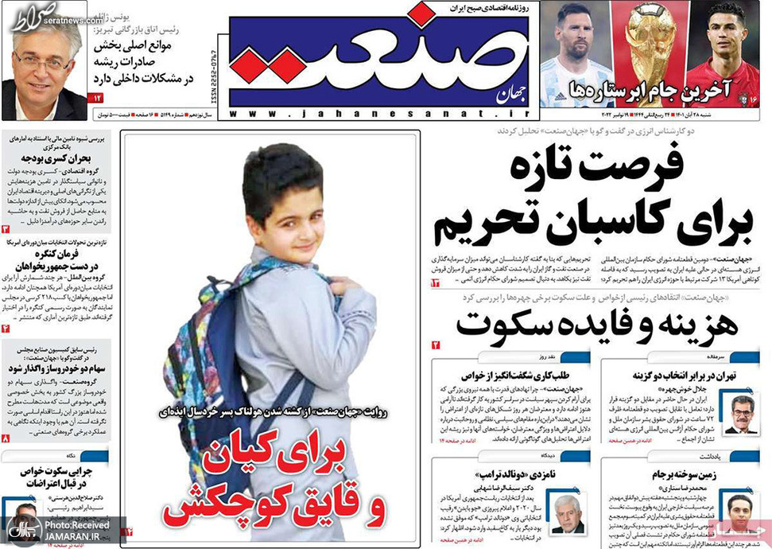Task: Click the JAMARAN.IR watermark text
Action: (x=72, y=539)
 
